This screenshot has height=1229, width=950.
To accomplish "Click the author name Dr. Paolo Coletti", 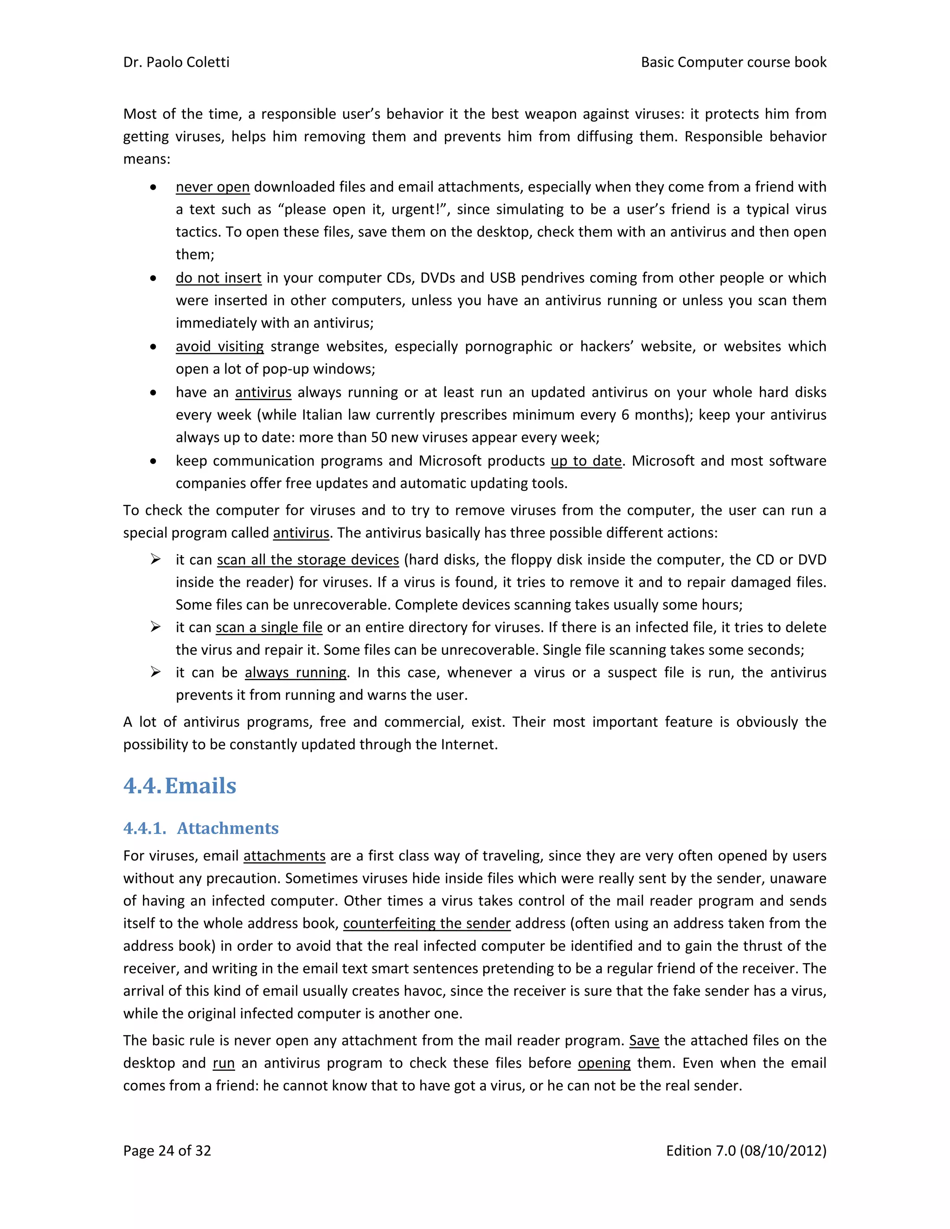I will (176, 62).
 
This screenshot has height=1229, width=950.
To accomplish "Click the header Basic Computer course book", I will (733, 62).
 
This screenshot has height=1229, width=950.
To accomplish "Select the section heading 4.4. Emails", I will (180, 786).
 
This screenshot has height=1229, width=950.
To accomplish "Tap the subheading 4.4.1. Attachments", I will (201, 828).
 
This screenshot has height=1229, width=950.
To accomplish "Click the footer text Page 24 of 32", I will (167, 1151).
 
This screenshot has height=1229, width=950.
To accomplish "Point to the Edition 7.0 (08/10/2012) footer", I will (746, 1151).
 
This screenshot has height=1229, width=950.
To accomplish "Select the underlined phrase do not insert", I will (218, 278).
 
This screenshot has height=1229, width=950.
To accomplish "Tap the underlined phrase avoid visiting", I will (219, 346).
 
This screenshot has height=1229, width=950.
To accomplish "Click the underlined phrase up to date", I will (586, 461).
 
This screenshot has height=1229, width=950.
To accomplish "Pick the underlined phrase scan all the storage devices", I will (308, 560).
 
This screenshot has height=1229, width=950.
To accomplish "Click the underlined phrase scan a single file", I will (269, 627).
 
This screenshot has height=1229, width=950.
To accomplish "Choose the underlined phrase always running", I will (295, 672).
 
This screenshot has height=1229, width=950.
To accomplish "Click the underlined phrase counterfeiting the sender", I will (427, 923).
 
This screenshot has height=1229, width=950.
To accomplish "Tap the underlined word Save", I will (644, 1041).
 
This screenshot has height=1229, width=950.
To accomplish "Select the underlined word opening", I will (604, 1063).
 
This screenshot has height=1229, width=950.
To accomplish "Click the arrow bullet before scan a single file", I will (155, 627).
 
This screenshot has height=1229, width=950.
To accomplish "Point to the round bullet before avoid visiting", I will (153, 346).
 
